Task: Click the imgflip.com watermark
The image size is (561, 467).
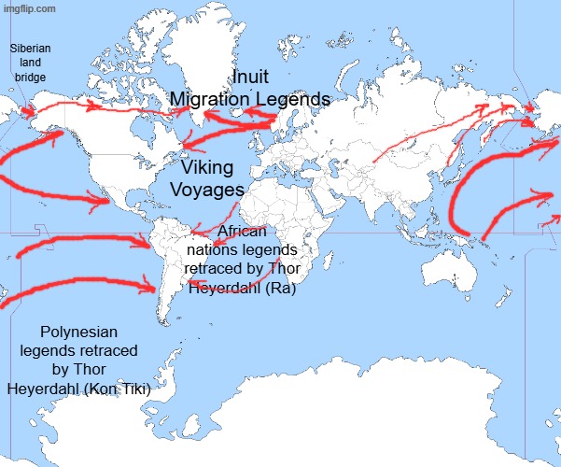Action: point(28,8)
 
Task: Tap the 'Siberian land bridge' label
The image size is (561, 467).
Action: point(30,63)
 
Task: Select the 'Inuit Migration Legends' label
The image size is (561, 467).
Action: point(249,88)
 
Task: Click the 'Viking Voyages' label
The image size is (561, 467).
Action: point(207,178)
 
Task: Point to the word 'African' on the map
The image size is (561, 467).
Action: point(242,232)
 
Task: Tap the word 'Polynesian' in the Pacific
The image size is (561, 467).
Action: point(79,332)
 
